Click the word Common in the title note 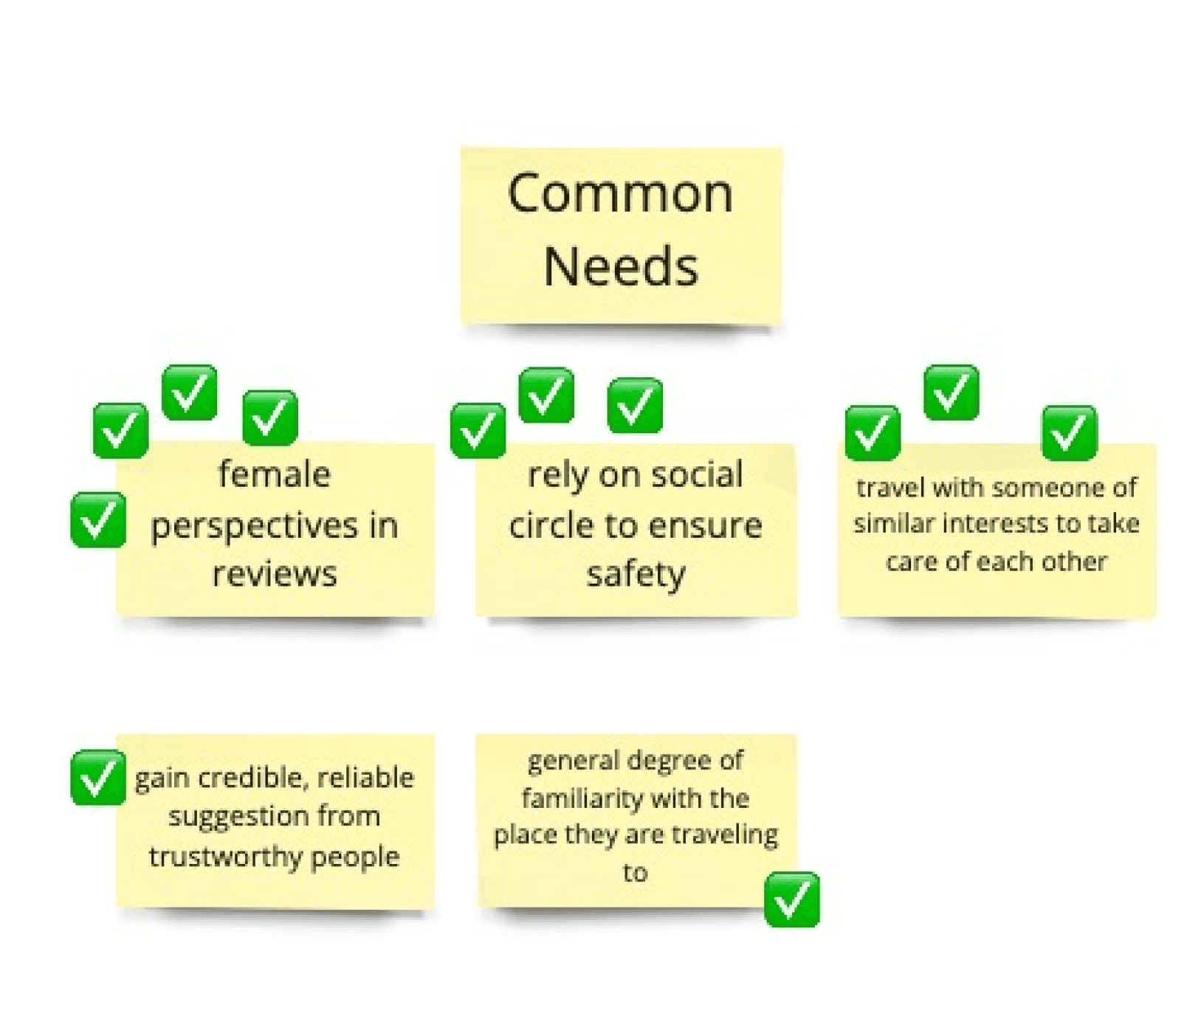(620, 194)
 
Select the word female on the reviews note (274, 474)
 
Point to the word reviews (274, 574)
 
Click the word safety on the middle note (636, 574)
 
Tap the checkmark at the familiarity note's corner (791, 899)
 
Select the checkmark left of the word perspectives (98, 520)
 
